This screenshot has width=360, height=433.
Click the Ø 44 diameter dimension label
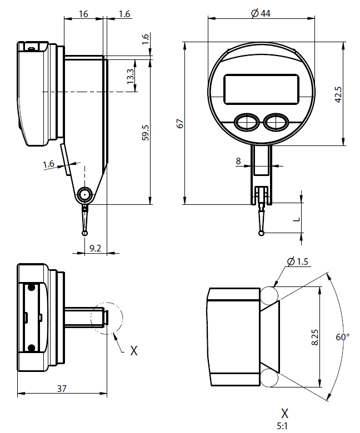pos(261,13)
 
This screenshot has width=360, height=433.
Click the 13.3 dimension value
pos(130,76)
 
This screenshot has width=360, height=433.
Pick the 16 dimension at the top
pos(83,14)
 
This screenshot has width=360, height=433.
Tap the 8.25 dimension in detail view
pos(314,337)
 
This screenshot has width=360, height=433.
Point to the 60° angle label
pos(343,337)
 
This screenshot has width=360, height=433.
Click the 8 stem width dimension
pos(238,161)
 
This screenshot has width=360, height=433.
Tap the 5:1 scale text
pos(284,426)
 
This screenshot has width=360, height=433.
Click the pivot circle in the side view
pos(85,194)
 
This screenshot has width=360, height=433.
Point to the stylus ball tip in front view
pos(261,233)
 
